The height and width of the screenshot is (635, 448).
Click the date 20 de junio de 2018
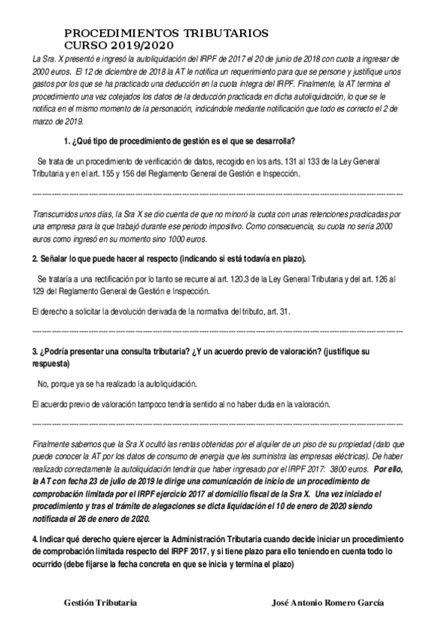282,58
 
